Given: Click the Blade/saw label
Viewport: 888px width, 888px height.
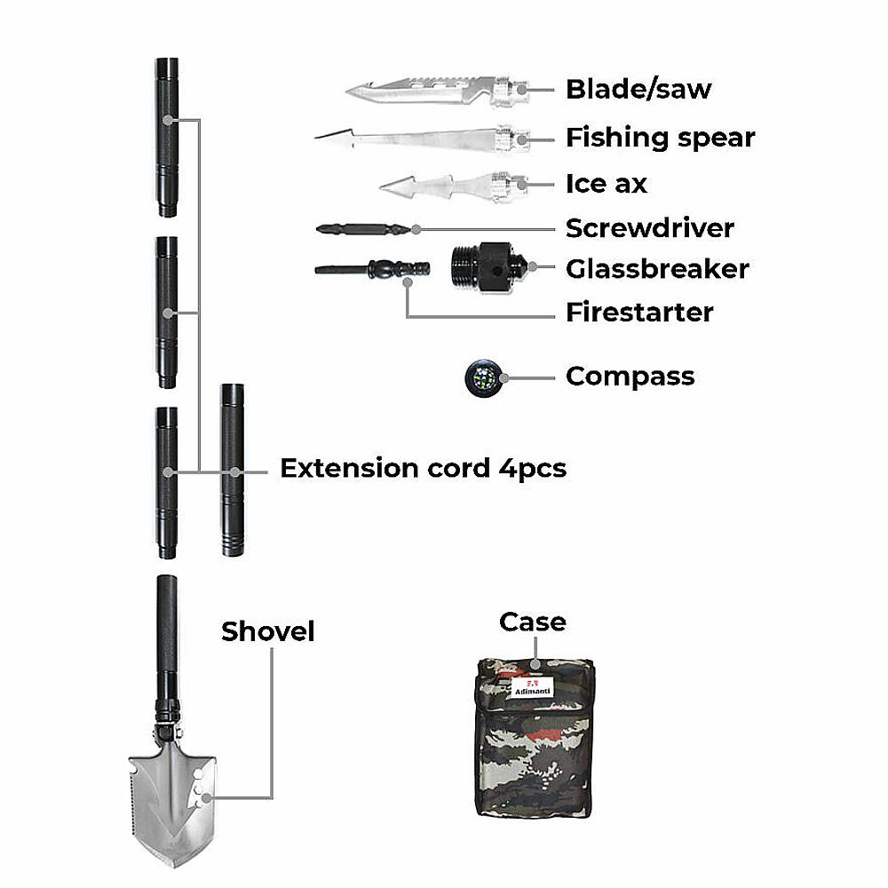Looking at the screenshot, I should (638, 89).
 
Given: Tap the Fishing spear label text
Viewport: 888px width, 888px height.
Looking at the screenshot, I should (660, 138).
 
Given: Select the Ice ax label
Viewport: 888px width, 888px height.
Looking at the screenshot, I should (606, 184).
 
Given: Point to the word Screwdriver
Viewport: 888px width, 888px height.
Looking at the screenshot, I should (650, 228).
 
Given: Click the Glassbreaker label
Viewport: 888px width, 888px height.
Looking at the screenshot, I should (657, 268).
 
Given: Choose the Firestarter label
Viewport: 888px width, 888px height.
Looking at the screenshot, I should (639, 313).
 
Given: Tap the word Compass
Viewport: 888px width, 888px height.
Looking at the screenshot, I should (630, 376).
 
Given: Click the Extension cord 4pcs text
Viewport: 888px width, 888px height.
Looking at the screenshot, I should (423, 468).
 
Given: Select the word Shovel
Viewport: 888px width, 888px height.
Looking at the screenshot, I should (267, 631).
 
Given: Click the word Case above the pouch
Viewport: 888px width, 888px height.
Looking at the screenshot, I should (532, 622).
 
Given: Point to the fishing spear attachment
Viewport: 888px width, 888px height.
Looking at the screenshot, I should (417, 139).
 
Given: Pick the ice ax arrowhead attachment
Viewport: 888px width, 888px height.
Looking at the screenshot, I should (444, 186).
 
